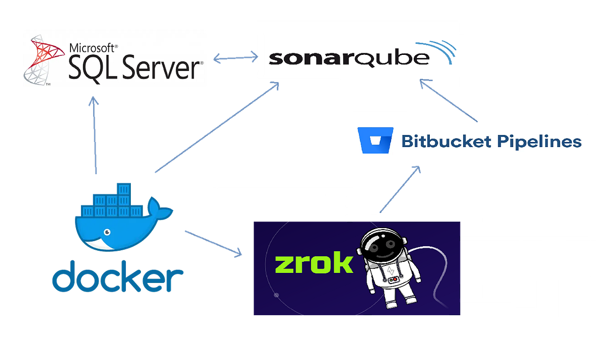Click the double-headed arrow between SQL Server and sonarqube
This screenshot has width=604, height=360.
pyautogui.click(x=235, y=58)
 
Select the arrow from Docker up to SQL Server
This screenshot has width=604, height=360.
pyautogui.click(x=94, y=136)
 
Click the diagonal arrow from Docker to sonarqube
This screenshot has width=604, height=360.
pyautogui.click(x=216, y=128)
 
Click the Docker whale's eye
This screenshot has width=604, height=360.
pyautogui.click(x=107, y=232)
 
